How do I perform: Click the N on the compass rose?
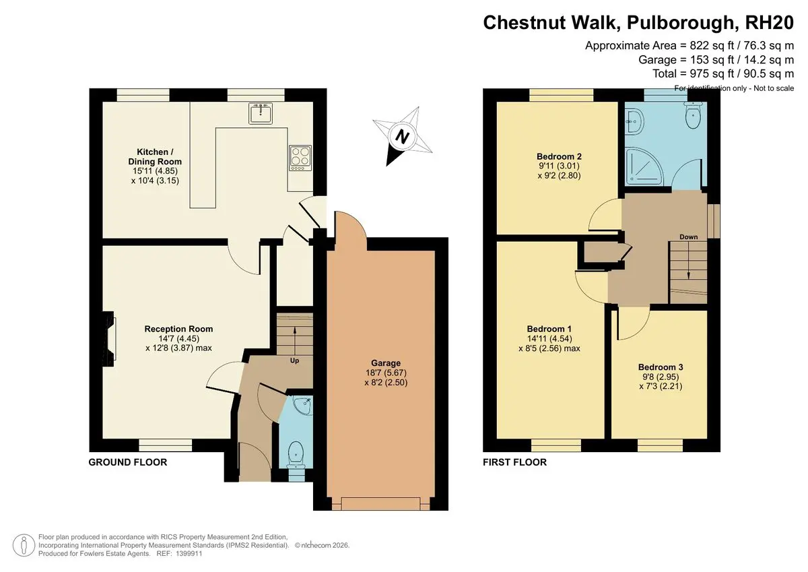tap(402, 137)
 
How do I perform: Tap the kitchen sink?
tap(261, 113)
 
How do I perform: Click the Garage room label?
tap(386, 363)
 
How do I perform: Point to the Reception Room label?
tap(178, 329)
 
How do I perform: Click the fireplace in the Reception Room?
tap(109, 339)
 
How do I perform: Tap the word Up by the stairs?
tap(295, 360)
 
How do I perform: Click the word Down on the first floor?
tap(689, 237)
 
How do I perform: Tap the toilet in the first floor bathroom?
tap(693, 114)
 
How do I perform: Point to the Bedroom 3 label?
tap(661, 367)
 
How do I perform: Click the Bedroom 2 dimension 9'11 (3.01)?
tap(559, 166)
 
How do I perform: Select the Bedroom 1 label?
tap(549, 329)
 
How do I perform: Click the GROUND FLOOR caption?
tap(128, 462)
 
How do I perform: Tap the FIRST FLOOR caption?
tap(514, 462)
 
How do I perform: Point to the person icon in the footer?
tap(24, 545)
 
